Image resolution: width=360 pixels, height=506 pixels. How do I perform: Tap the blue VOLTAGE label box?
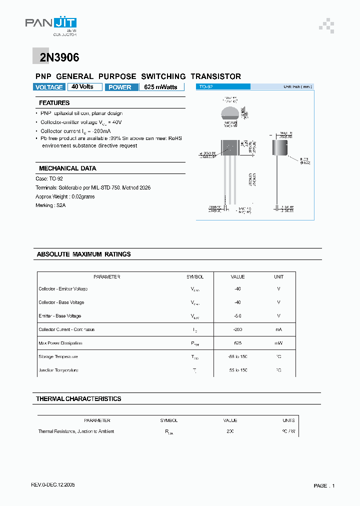(x=49, y=87)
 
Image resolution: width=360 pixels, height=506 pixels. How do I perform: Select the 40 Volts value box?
(x=83, y=87)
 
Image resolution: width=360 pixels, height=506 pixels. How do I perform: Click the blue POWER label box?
(x=120, y=87)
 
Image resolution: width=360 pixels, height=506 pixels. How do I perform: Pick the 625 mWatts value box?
(x=161, y=87)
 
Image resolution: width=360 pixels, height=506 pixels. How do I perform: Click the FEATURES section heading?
(x=54, y=103)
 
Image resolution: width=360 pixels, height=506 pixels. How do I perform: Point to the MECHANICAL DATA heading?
(x=67, y=168)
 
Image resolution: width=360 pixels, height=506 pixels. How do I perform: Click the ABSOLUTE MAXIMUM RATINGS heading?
(x=83, y=254)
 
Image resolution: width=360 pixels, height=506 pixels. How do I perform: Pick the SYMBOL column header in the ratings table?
(x=195, y=276)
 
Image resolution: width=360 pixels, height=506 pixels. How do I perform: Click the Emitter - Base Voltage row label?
(x=59, y=316)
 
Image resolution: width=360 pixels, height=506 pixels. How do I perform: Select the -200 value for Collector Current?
(x=237, y=329)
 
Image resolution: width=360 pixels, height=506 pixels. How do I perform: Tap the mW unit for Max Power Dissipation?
(x=278, y=343)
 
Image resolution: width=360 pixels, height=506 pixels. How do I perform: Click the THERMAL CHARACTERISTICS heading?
(x=78, y=399)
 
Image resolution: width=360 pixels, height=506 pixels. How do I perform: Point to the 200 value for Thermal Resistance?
(x=230, y=431)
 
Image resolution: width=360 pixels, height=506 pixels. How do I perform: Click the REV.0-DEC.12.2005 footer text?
(x=53, y=485)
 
